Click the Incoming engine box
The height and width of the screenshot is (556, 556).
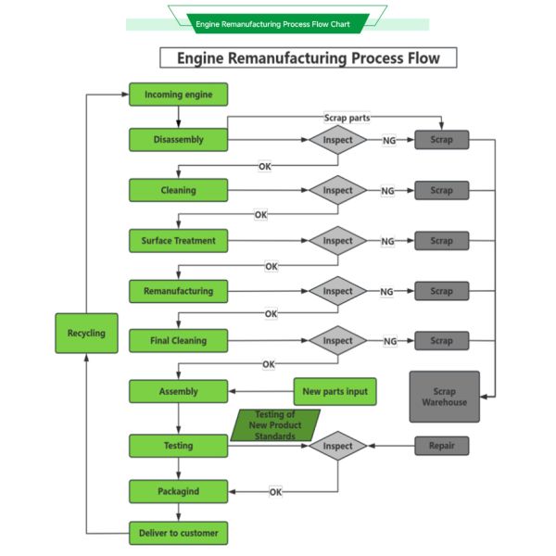point(178,95)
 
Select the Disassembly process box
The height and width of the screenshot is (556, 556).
point(178,140)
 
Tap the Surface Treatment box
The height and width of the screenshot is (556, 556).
point(178,241)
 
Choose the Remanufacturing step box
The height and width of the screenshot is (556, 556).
point(178,291)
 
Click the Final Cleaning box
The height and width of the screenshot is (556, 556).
point(178,341)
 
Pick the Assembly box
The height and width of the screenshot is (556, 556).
point(178,391)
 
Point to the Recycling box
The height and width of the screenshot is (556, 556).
point(86,333)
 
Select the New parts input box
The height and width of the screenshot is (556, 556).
point(335,391)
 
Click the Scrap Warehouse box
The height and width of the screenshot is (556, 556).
point(445,397)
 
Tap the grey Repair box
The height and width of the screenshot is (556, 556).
point(442,446)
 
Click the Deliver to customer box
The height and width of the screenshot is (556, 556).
point(178,533)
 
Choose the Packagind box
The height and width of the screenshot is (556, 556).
point(178,491)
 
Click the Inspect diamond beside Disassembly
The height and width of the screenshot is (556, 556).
point(338,140)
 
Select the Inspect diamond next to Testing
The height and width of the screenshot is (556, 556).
point(338,446)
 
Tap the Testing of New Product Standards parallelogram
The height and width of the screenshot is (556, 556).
point(275,425)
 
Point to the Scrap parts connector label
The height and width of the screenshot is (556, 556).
point(347,118)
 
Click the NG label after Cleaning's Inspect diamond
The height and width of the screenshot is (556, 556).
point(388,191)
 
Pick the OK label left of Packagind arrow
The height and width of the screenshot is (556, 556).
point(276,492)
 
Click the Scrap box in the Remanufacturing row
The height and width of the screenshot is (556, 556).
point(442,291)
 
